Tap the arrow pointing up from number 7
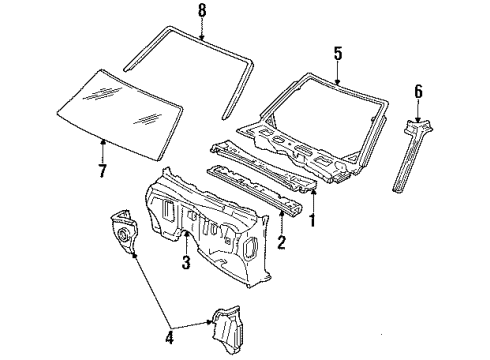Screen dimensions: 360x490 (x=102, y=150)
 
